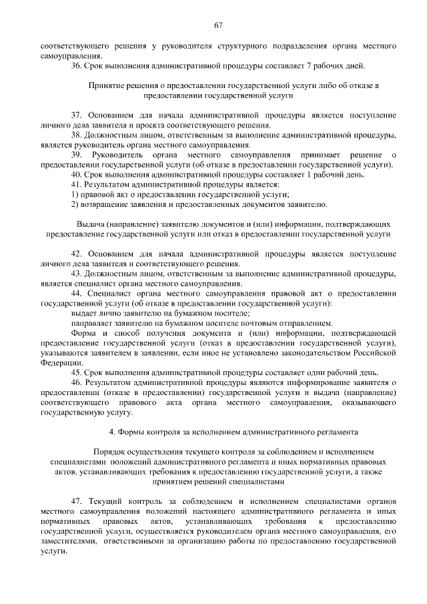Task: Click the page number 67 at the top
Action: click(x=218, y=25)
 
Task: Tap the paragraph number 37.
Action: click(x=77, y=116)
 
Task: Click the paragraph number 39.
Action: click(x=77, y=155)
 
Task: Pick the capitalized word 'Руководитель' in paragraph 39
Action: click(x=116, y=155)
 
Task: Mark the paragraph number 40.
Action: click(x=77, y=174)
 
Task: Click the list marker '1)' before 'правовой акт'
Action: click(x=75, y=194)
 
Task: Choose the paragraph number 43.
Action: click(x=77, y=274)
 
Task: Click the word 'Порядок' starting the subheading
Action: click(x=109, y=452)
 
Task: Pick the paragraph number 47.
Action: click(x=77, y=501)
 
